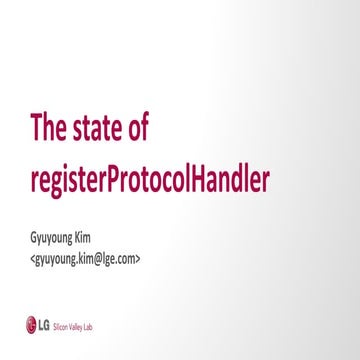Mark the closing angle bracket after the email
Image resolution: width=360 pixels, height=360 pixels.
(139, 257)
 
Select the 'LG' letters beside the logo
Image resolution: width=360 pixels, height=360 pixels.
(43, 324)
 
